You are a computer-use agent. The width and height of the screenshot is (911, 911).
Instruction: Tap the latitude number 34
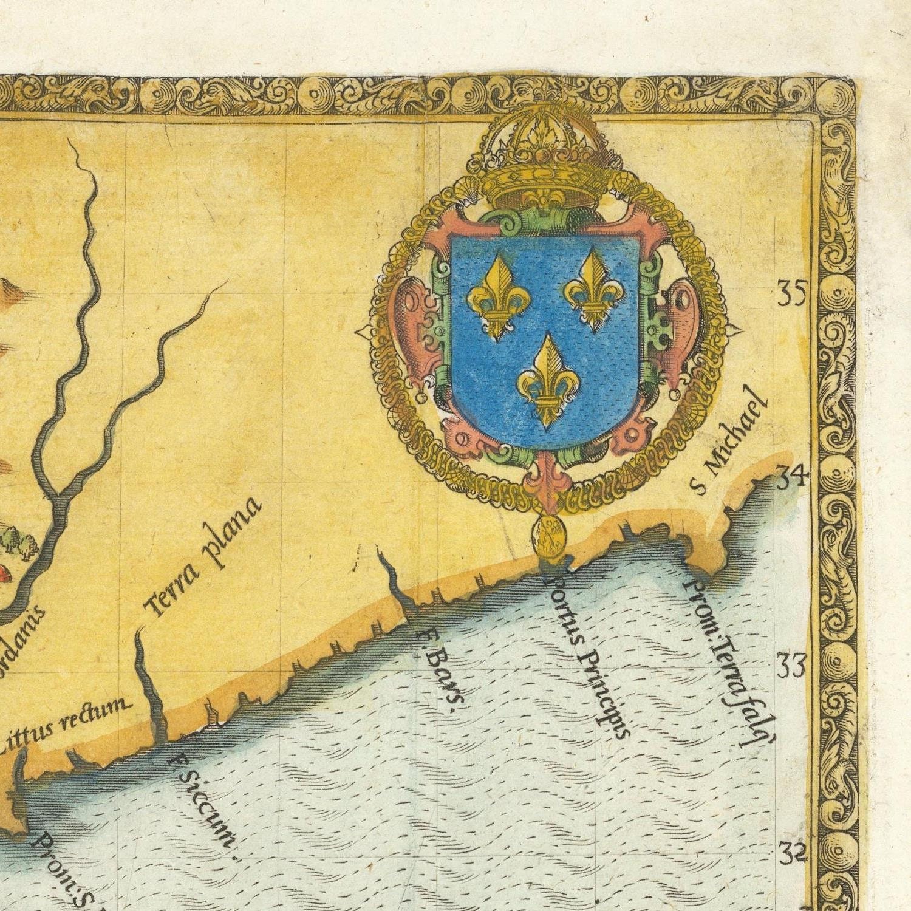[x=790, y=479]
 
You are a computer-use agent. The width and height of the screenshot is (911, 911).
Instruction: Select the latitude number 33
[x=791, y=666]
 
